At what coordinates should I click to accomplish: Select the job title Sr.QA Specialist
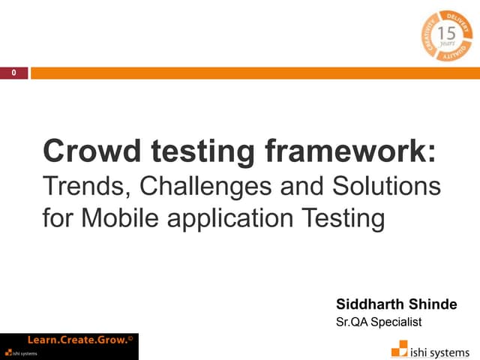(379, 322)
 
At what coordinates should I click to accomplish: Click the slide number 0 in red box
(13, 73)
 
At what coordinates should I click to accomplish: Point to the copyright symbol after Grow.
(130, 338)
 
